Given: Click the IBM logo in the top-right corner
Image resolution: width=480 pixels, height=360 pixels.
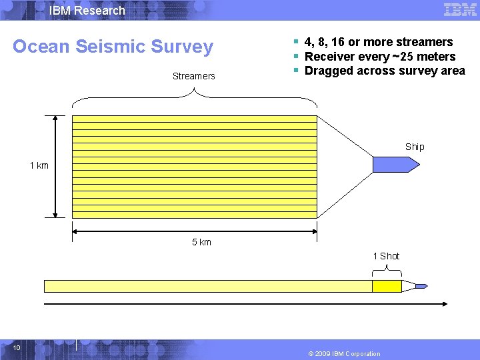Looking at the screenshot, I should pyautogui.click(x=460, y=10).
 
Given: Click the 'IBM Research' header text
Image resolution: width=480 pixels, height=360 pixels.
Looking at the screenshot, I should pyautogui.click(x=87, y=11).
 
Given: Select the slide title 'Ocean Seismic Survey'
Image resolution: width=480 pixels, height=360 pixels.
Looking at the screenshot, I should pyautogui.click(x=113, y=47).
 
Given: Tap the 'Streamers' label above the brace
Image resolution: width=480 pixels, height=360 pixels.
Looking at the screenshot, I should pyautogui.click(x=193, y=76).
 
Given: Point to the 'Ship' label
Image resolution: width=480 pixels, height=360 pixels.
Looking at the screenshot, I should pyautogui.click(x=414, y=147).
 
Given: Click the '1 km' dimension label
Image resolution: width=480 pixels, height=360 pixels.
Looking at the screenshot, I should pyautogui.click(x=39, y=165).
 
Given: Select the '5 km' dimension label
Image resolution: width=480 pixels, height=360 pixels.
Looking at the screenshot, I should pyautogui.click(x=201, y=242).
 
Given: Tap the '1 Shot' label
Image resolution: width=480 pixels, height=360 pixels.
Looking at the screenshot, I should pyautogui.click(x=386, y=256).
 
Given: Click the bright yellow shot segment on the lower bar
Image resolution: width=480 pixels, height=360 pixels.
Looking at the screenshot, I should pyautogui.click(x=387, y=286).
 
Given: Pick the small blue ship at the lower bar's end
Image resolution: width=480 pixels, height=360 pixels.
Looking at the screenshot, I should pyautogui.click(x=421, y=286).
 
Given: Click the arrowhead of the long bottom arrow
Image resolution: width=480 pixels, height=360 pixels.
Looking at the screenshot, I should pyautogui.click(x=444, y=304).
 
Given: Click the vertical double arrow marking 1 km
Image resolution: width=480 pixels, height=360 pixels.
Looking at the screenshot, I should pyautogui.click(x=55, y=167).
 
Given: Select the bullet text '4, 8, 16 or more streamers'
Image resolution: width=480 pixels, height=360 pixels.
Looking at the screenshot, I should pyautogui.click(x=378, y=42).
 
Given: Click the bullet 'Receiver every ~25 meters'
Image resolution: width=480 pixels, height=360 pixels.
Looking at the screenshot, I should pyautogui.click(x=379, y=57).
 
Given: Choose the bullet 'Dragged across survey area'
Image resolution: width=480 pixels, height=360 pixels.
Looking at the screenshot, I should pyautogui.click(x=385, y=71).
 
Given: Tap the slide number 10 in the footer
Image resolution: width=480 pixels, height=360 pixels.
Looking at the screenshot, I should pyautogui.click(x=17, y=347).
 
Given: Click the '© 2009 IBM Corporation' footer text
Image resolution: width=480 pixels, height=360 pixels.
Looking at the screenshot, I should pyautogui.click(x=345, y=353).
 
